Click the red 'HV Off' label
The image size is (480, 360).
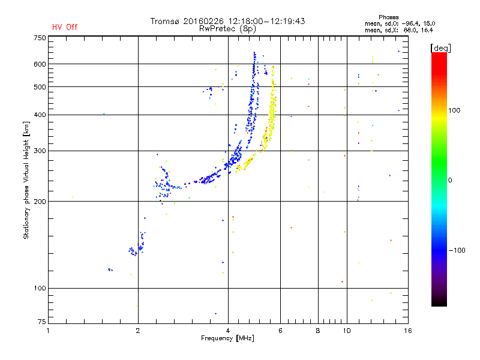(x=65, y=27)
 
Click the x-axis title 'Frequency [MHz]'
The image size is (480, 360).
(x=227, y=338)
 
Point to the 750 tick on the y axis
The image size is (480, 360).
(x=40, y=38)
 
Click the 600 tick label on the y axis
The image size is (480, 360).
(x=40, y=64)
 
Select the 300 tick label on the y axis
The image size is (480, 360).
(x=40, y=151)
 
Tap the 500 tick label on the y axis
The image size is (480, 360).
(x=40, y=87)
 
